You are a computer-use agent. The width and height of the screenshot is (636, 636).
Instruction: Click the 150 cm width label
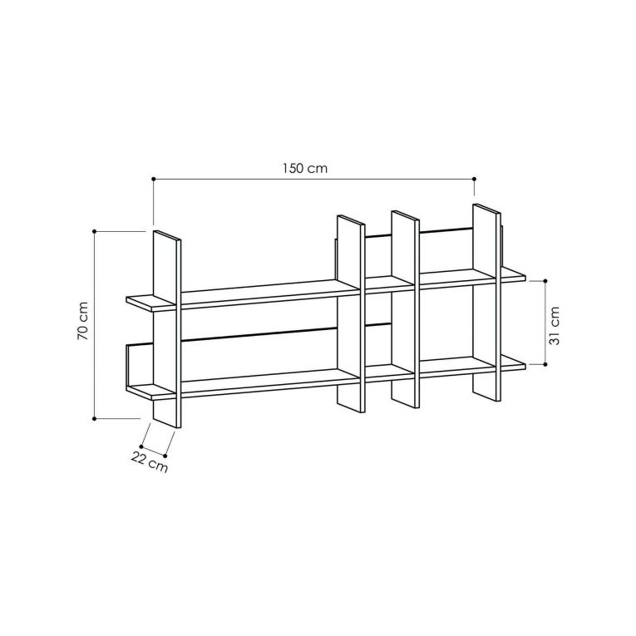[305, 168]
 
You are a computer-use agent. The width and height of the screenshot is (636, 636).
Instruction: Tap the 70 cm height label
[83, 321]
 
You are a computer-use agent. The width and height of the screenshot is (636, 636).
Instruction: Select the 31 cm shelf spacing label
[554, 326]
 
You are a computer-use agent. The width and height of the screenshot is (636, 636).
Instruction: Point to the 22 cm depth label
[150, 462]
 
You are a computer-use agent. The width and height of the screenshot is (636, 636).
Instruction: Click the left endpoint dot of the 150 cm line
[153, 179]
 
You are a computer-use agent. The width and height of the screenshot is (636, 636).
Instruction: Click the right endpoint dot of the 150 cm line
[474, 179]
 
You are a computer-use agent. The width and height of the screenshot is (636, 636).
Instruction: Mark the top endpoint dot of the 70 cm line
[95, 231]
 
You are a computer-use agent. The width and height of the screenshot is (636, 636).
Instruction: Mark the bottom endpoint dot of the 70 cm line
[95, 418]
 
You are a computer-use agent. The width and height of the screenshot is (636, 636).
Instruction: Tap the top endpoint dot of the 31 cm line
[545, 281]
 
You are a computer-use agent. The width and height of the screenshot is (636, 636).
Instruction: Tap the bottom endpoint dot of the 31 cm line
[545, 364]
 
